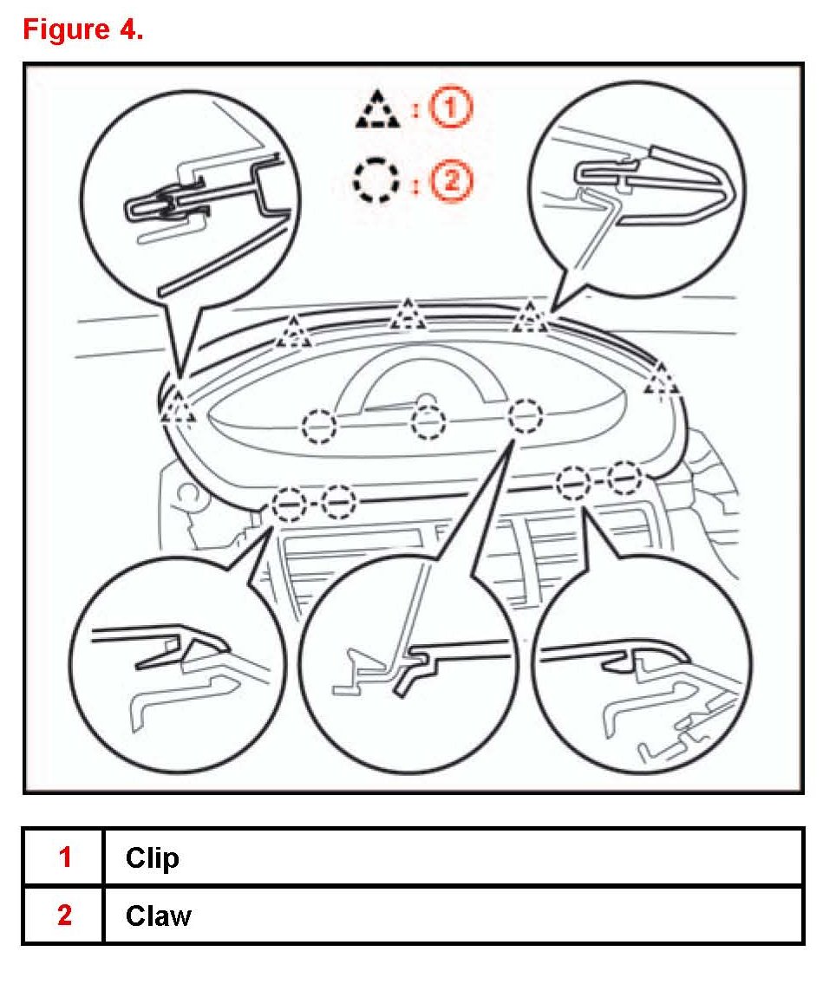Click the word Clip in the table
(152, 857)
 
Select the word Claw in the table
(158, 916)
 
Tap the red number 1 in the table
(64, 857)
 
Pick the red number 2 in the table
(64, 916)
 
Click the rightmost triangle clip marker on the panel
(662, 379)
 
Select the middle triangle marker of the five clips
(407, 315)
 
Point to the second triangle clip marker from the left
(295, 332)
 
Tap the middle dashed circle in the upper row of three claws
(428, 423)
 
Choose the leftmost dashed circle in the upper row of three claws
(319, 426)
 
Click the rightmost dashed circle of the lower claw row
(624, 478)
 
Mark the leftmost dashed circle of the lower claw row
(289, 502)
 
